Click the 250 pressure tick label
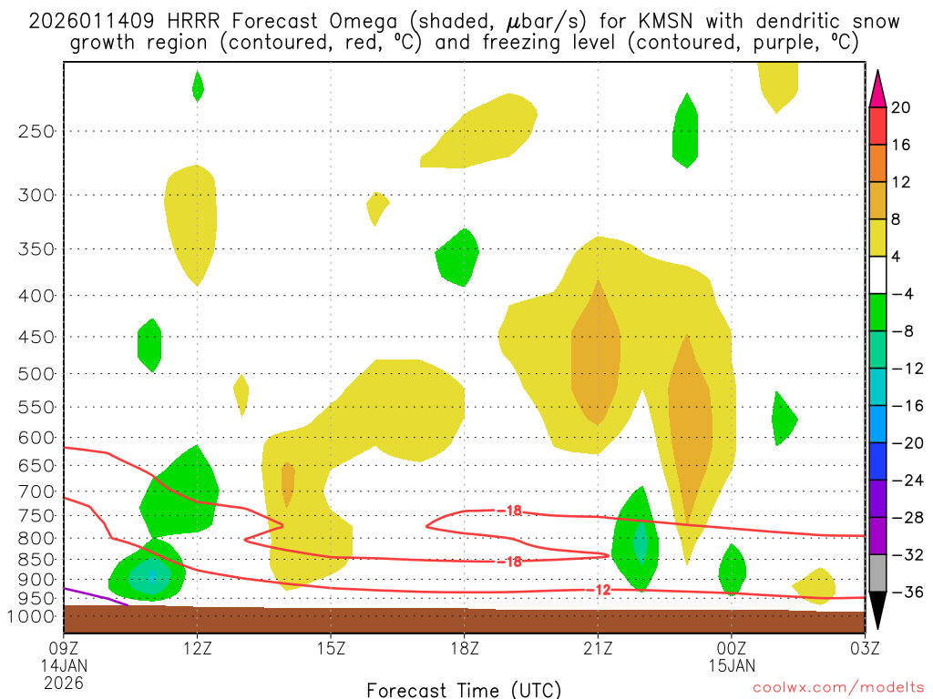(36, 131)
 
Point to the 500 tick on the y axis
(36, 373)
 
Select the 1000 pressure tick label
(33, 616)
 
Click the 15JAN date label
(732, 665)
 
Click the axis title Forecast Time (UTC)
(464, 689)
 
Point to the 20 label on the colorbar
(901, 107)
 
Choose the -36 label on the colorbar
(906, 593)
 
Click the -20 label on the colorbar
(906, 443)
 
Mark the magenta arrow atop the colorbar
(877, 86)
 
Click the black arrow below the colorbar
(877, 614)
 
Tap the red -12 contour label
(601, 591)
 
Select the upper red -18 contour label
(513, 511)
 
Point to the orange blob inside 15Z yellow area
(288, 482)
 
